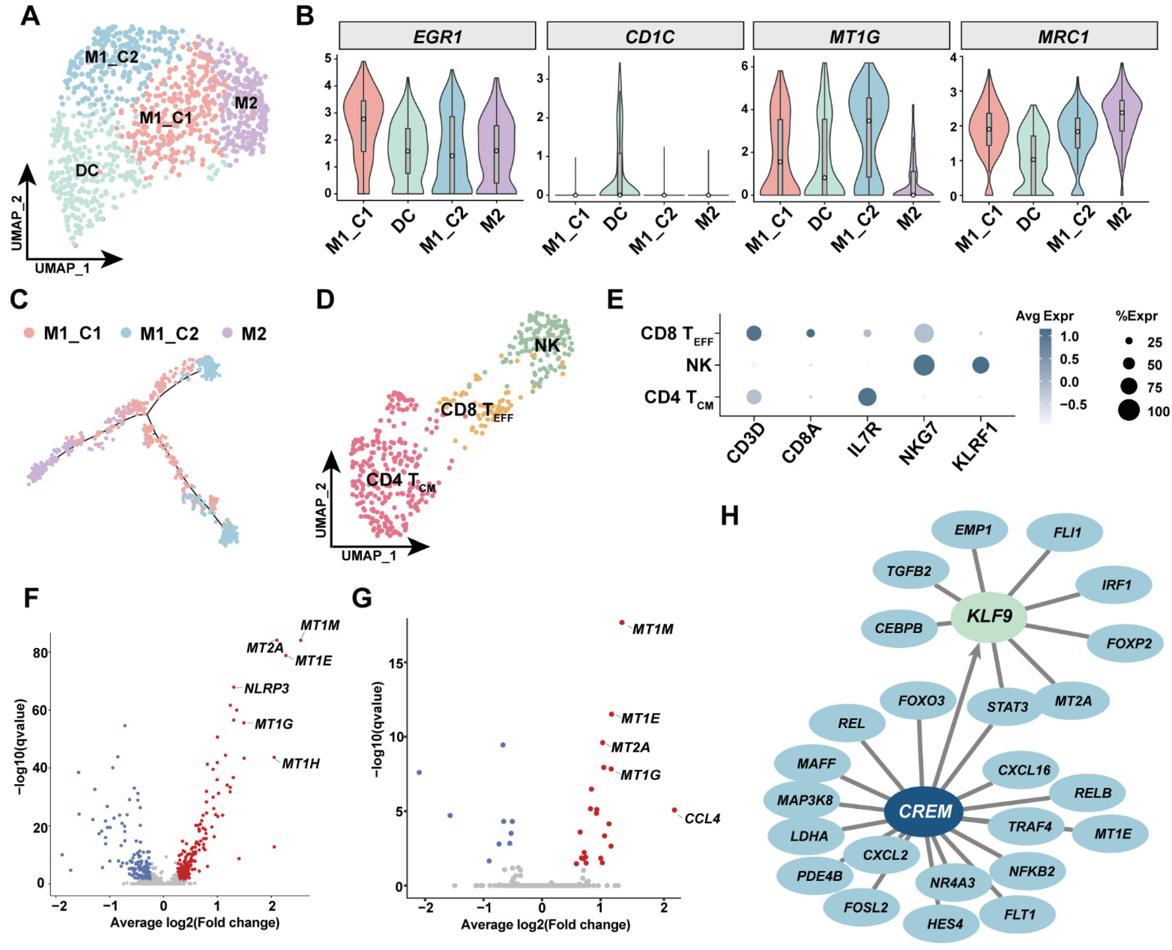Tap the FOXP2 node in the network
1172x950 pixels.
tap(1128, 644)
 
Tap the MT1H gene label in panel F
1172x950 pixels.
tap(301, 763)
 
